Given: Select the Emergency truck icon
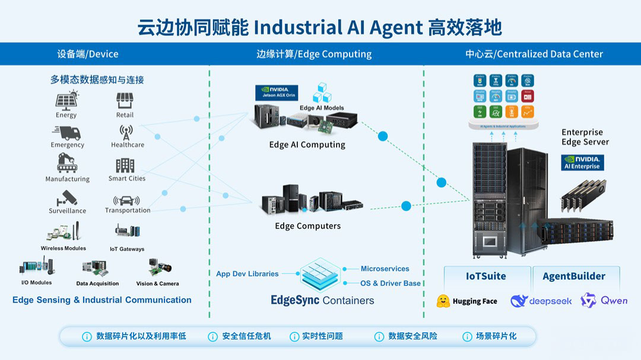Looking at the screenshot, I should tap(66, 132).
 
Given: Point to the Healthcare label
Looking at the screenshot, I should tap(128, 145).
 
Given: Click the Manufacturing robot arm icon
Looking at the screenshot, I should tap(67, 163).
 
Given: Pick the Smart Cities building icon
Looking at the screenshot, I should tap(125, 165).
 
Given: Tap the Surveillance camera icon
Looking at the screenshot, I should tap(67, 197).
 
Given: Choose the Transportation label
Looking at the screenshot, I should tap(128, 211).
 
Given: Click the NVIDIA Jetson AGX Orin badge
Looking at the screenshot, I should tap(277, 93).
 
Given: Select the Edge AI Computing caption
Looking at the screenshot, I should tap(307, 145).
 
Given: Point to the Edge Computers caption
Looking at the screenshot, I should tap(307, 226).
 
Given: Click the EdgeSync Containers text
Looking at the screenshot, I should tap(322, 300).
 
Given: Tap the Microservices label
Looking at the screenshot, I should tap(385, 269).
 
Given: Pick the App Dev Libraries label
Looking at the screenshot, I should tap(247, 274).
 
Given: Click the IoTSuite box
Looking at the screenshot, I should tap(486, 276).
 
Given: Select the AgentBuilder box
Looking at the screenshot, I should tap(574, 276).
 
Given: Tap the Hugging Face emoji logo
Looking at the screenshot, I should tap(443, 301).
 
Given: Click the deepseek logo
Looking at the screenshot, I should tap(541, 301).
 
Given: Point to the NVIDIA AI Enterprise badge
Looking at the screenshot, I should tap(582, 163).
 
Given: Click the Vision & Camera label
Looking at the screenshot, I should tap(157, 283).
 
